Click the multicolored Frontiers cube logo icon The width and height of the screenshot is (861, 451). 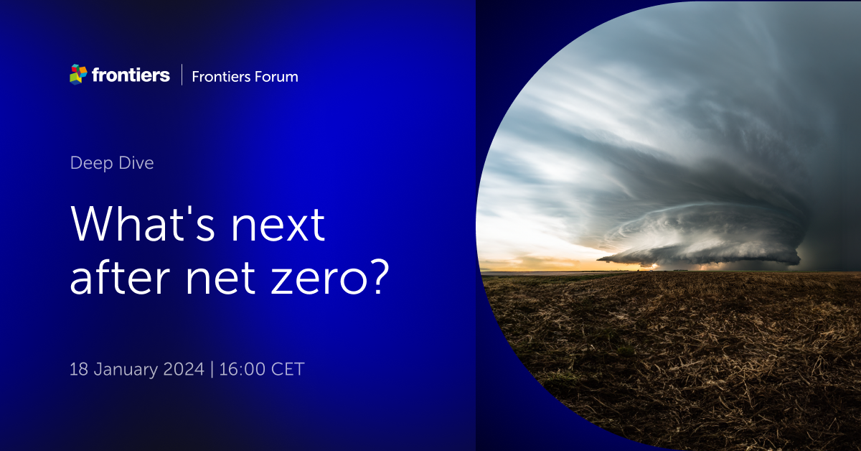click(x=78, y=74)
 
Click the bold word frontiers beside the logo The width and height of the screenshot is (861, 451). click(x=131, y=75)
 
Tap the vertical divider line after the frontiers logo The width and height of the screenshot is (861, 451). click(x=182, y=75)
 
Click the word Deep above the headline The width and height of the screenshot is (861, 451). click(x=92, y=164)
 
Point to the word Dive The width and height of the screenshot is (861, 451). click(x=136, y=163)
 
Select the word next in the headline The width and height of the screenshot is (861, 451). click(x=278, y=225)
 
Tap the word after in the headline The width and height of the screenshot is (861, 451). click(x=120, y=277)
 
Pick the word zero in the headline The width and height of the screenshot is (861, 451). click(x=319, y=279)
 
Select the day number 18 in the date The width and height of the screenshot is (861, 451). click(x=79, y=369)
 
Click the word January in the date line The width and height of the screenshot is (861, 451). click(x=126, y=370)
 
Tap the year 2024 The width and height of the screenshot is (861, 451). click(x=184, y=369)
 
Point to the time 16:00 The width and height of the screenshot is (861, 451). click(x=243, y=369)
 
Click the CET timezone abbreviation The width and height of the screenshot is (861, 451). click(x=288, y=369)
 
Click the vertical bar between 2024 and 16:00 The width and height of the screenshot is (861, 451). click(x=212, y=369)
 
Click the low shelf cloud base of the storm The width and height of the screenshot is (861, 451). click(x=700, y=254)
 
